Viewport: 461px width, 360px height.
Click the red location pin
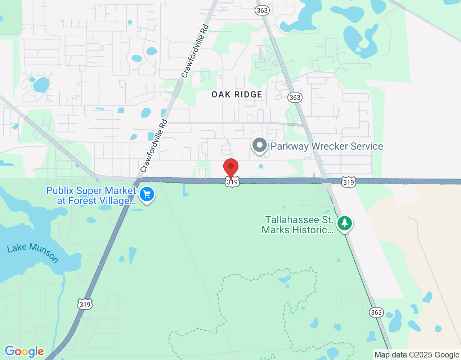[x=231, y=167]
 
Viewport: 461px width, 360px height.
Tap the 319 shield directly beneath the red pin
[x=232, y=182]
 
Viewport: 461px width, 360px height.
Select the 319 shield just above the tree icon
[x=349, y=183]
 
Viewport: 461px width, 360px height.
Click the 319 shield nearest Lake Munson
[x=85, y=304]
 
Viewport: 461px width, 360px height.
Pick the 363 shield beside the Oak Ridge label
[x=295, y=98]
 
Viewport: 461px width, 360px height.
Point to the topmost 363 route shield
[x=262, y=10]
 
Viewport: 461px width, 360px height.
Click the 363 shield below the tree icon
[x=376, y=312]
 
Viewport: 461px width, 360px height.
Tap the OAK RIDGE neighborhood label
[x=237, y=95]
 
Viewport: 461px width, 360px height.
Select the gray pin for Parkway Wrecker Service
[x=259, y=145]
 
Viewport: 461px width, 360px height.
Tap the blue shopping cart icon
[x=147, y=195]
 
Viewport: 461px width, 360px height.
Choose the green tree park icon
[x=345, y=223]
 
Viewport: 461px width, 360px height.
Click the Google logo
[x=24, y=351]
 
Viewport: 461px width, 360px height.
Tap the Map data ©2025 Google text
[x=417, y=355]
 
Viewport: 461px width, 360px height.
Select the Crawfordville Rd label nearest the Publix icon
[x=154, y=146]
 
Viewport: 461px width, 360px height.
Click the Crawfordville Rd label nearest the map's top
[x=195, y=51]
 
